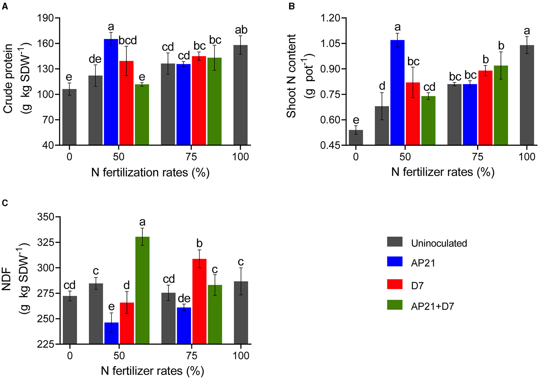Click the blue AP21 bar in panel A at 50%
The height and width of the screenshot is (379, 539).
[x=111, y=91]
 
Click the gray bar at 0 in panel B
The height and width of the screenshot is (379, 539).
[x=356, y=137]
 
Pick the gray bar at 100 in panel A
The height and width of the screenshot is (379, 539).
[x=240, y=95]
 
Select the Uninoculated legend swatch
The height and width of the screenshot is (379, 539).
[x=395, y=242]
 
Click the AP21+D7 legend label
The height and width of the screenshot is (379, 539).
[x=432, y=306]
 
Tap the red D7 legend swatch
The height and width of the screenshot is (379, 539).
[x=395, y=284]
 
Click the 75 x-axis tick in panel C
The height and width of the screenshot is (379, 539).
[x=192, y=356]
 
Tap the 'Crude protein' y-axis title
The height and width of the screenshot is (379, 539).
[x=8, y=79]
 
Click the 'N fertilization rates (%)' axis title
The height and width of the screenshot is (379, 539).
[x=150, y=173]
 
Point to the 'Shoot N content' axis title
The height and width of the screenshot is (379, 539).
[x=291, y=76]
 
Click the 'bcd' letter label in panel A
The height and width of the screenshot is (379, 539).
[x=128, y=41]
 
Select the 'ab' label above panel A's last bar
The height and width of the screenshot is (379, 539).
[x=241, y=30]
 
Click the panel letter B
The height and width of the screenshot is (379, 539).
[x=291, y=6]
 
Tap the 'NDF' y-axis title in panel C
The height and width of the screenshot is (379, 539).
[x=7, y=279]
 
